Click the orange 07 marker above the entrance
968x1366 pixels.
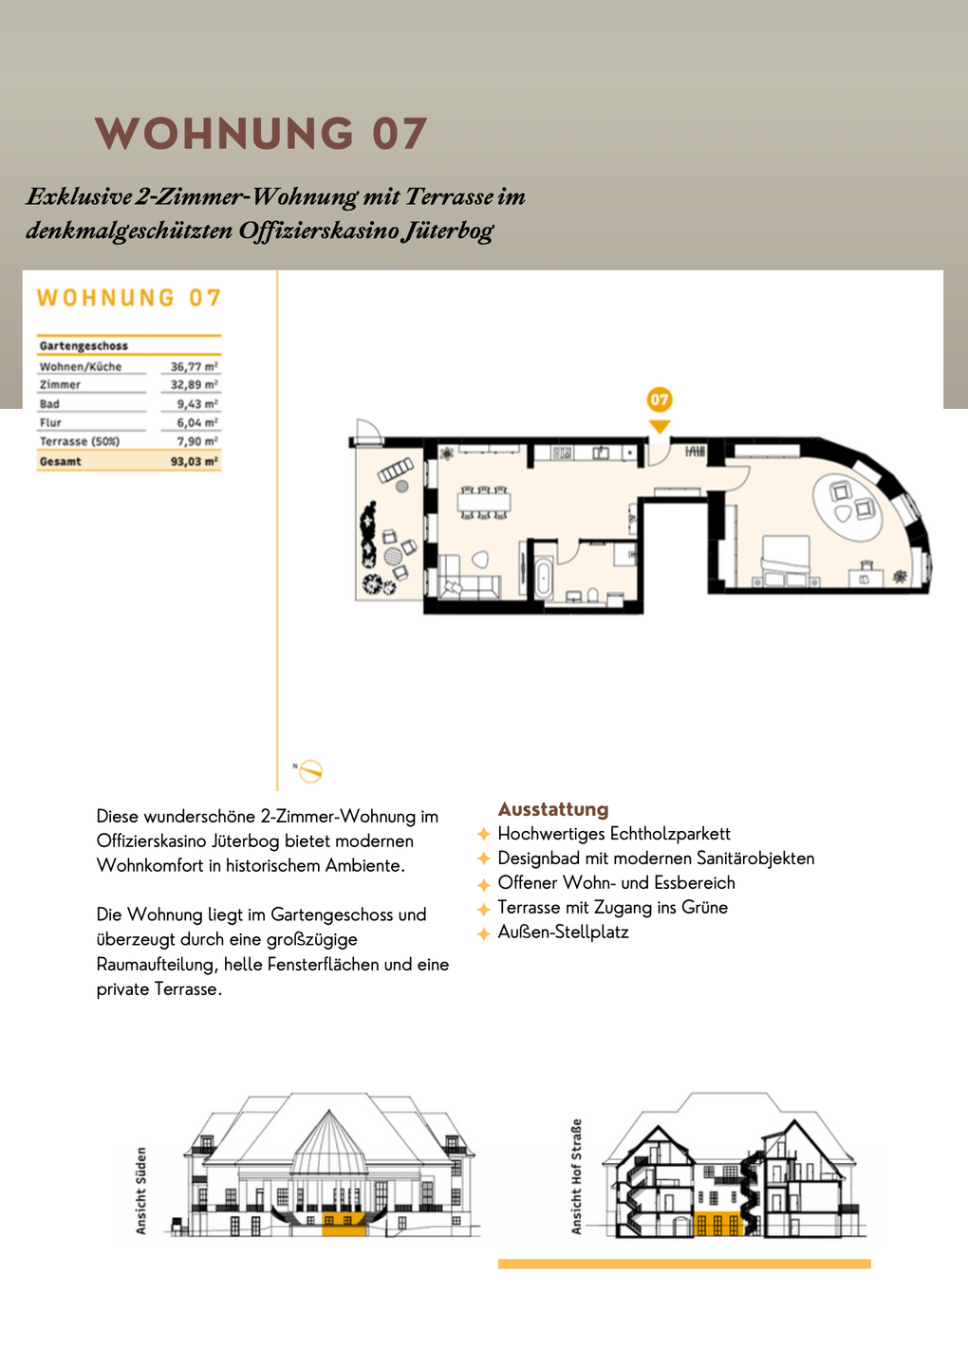[x=660, y=400]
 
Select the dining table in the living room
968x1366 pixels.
[x=483, y=502]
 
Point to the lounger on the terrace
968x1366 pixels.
[x=396, y=470]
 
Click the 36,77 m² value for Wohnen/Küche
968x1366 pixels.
[x=195, y=367]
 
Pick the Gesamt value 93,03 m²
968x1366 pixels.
[x=195, y=462]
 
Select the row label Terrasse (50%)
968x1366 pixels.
[x=80, y=442]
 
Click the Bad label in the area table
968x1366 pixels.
[x=49, y=404]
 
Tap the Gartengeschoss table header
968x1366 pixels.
[x=84, y=346]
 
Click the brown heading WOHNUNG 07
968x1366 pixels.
[x=261, y=134]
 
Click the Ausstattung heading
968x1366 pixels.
[x=553, y=809]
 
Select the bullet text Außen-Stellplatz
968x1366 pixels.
[x=563, y=932]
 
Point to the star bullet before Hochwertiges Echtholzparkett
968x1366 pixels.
[x=484, y=834]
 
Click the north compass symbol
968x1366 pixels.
[x=310, y=771]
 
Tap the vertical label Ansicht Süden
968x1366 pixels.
[x=141, y=1191]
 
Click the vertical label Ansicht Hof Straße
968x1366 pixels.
[x=576, y=1176]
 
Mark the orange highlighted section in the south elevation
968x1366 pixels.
[x=344, y=1224]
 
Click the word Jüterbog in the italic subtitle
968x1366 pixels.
[x=446, y=231]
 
